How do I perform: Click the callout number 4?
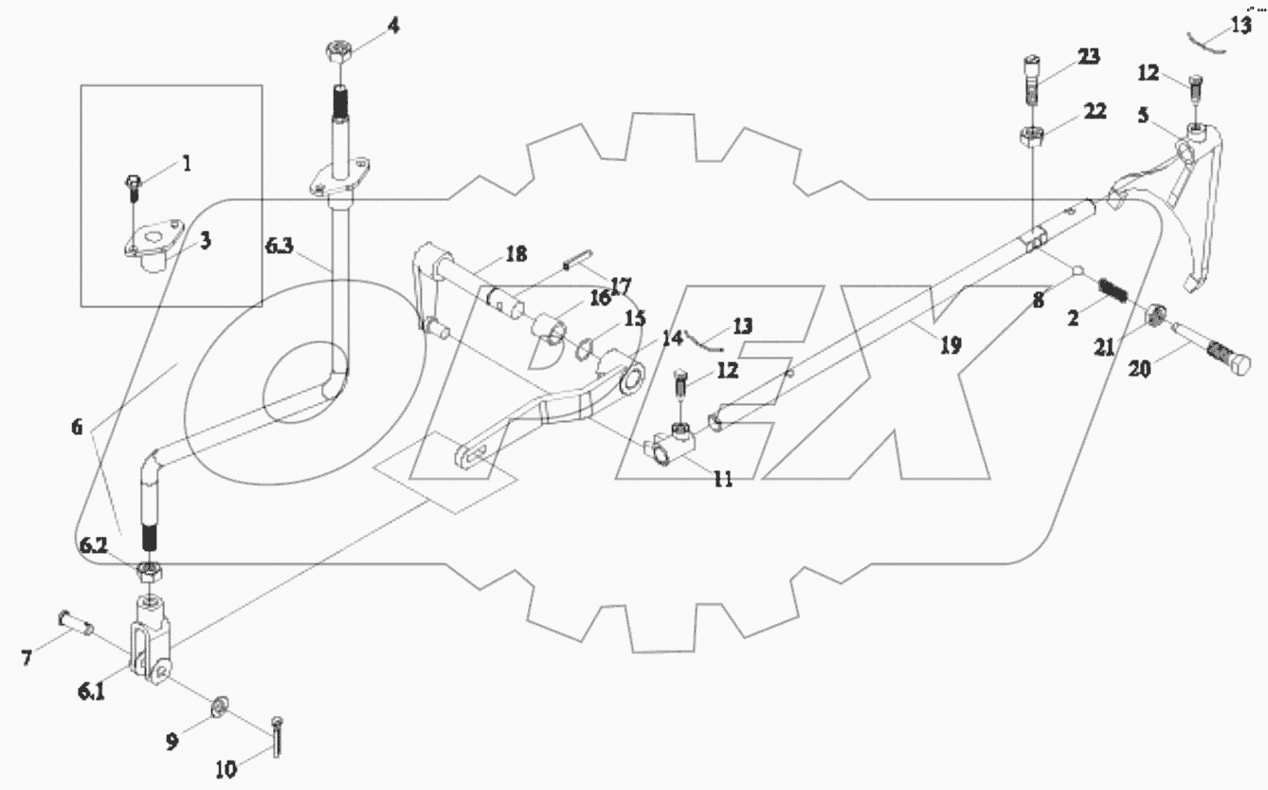click(391, 26)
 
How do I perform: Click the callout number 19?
click(950, 346)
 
